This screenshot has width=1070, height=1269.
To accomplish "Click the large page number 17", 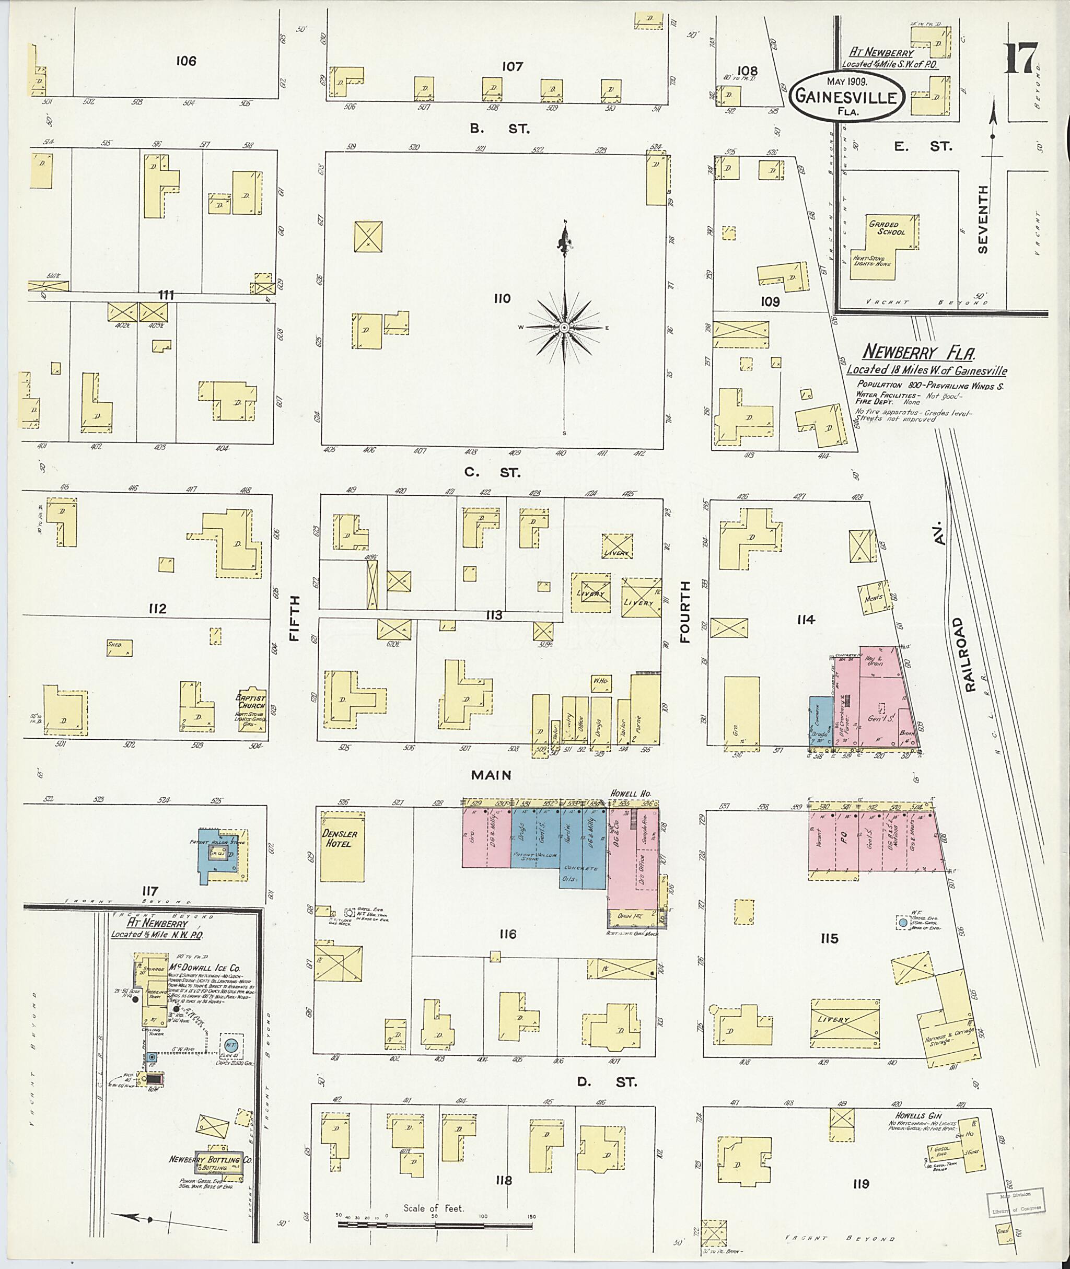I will [1021, 58].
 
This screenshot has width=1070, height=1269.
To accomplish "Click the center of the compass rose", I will [564, 328].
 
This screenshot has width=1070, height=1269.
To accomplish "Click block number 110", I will [502, 298].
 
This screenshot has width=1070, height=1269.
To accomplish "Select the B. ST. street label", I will [499, 129].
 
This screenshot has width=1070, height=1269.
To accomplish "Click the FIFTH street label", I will [295, 619].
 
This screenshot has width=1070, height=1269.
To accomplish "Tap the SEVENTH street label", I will [983, 219].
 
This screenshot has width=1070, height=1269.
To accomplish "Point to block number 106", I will [185, 61].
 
